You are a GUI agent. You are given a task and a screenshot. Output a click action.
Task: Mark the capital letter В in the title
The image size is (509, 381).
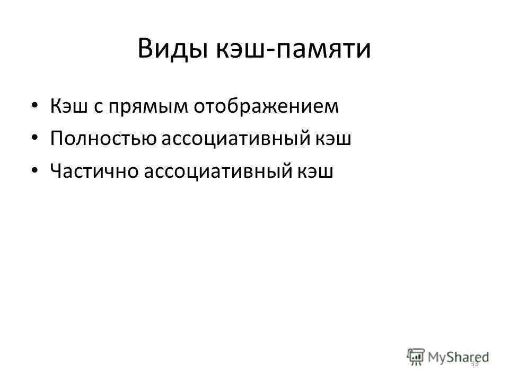tap(145, 50)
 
